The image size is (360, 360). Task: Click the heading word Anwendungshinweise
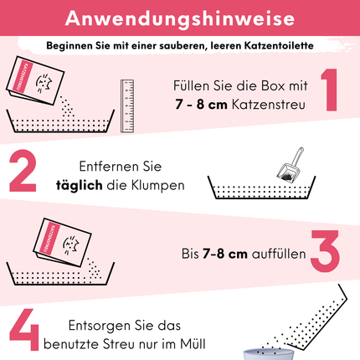(180, 18)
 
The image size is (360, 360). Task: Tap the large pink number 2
(23, 171)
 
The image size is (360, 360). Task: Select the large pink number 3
(326, 250)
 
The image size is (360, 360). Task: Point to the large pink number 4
(24, 329)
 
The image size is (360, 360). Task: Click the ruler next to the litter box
(127, 105)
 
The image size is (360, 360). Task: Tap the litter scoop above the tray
(291, 164)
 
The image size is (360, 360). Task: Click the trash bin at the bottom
(269, 354)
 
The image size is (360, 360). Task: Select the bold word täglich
(80, 186)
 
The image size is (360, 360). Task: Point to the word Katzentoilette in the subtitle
(279, 45)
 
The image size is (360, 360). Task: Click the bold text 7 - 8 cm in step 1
(201, 105)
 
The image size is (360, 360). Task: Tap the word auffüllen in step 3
(279, 254)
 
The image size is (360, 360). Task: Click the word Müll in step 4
(193, 344)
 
